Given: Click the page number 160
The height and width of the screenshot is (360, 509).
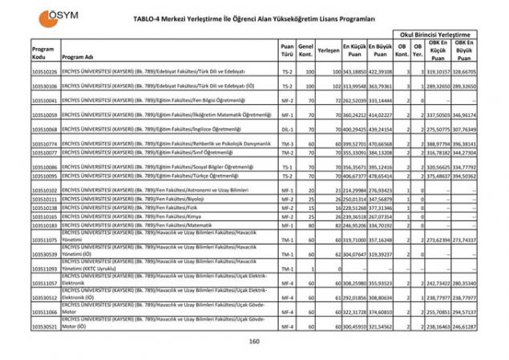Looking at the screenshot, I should (x=254, y=342).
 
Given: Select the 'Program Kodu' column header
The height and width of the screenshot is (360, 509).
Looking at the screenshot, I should (x=43, y=54).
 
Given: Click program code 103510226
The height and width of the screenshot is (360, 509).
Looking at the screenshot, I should (x=45, y=71).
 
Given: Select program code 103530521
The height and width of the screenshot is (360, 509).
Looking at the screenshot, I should (x=45, y=327).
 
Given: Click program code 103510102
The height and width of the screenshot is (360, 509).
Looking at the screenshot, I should (x=45, y=189).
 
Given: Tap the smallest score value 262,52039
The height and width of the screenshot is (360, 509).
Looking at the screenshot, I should (x=356, y=101).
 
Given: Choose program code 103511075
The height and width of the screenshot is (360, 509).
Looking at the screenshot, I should (x=45, y=240).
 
